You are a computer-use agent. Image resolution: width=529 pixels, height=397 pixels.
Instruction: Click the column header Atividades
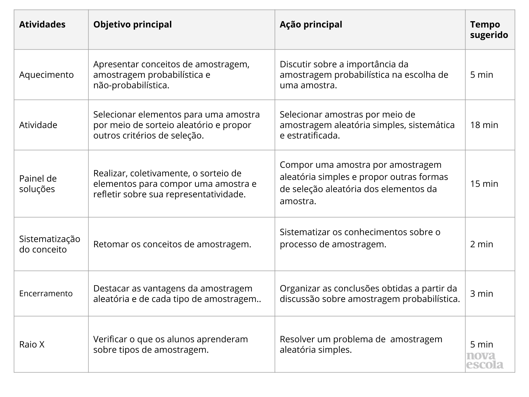click(42, 25)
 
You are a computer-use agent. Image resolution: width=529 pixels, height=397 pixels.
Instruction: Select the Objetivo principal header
click(132, 25)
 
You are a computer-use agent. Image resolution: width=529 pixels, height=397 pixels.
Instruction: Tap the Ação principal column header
click(311, 25)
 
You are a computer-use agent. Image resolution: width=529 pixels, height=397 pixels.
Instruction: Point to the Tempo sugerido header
click(489, 30)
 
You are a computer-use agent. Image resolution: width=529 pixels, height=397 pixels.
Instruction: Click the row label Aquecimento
click(46, 75)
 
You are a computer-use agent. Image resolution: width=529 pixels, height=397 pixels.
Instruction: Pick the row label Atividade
click(38, 125)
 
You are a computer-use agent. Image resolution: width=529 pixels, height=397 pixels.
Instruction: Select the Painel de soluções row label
click(38, 184)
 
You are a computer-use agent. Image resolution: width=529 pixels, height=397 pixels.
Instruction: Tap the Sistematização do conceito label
click(50, 244)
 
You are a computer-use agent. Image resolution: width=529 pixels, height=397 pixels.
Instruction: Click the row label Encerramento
click(46, 293)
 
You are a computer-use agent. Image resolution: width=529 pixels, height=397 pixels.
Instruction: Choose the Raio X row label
click(32, 345)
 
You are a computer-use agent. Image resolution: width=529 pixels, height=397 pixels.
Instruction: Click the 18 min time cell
click(484, 125)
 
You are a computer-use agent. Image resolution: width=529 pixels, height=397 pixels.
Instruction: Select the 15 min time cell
click(484, 184)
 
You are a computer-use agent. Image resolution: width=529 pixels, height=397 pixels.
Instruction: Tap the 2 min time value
click(481, 244)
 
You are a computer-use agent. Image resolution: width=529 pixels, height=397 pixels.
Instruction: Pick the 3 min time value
click(481, 294)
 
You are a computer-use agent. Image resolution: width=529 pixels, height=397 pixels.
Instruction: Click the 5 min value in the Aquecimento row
click(481, 75)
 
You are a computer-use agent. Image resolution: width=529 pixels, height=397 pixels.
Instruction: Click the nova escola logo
click(485, 361)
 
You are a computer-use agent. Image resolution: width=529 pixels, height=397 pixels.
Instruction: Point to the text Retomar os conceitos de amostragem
click(172, 244)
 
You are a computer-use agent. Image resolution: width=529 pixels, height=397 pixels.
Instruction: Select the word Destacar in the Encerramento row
click(108, 288)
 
